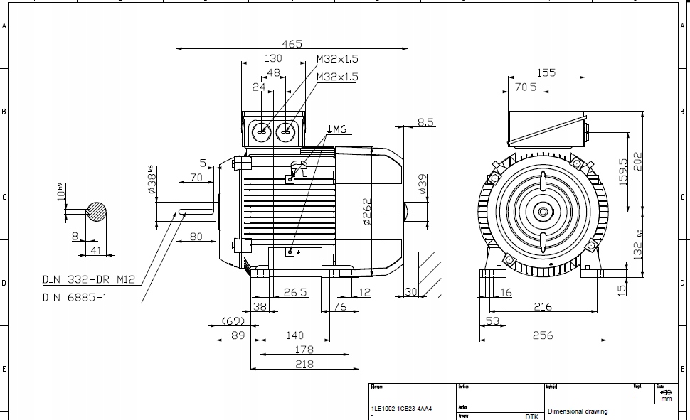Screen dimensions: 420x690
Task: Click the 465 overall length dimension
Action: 292,44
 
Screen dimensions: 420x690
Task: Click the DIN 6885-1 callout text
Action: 75,298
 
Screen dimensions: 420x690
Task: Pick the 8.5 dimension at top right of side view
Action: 425,122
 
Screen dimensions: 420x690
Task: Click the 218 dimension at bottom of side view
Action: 304,364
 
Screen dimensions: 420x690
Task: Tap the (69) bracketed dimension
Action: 232,321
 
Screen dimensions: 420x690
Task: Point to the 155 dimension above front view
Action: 546,72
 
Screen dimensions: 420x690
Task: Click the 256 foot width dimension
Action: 543,335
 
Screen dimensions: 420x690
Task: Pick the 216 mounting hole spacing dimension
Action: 543,306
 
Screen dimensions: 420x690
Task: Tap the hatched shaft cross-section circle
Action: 97,211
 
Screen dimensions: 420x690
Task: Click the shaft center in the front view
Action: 543,212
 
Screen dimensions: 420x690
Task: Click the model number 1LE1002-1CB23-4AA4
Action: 400,409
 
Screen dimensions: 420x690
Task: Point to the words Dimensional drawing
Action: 577,411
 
